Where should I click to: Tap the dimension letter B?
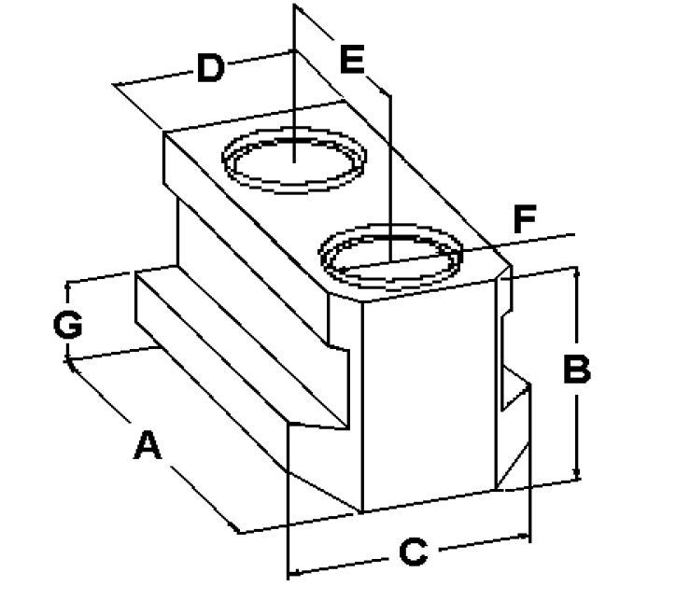pyautogui.click(x=576, y=370)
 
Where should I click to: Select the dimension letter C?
pyautogui.click(x=412, y=551)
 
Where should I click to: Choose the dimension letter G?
pyautogui.click(x=67, y=326)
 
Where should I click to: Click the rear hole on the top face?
pyautogui.click(x=292, y=162)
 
